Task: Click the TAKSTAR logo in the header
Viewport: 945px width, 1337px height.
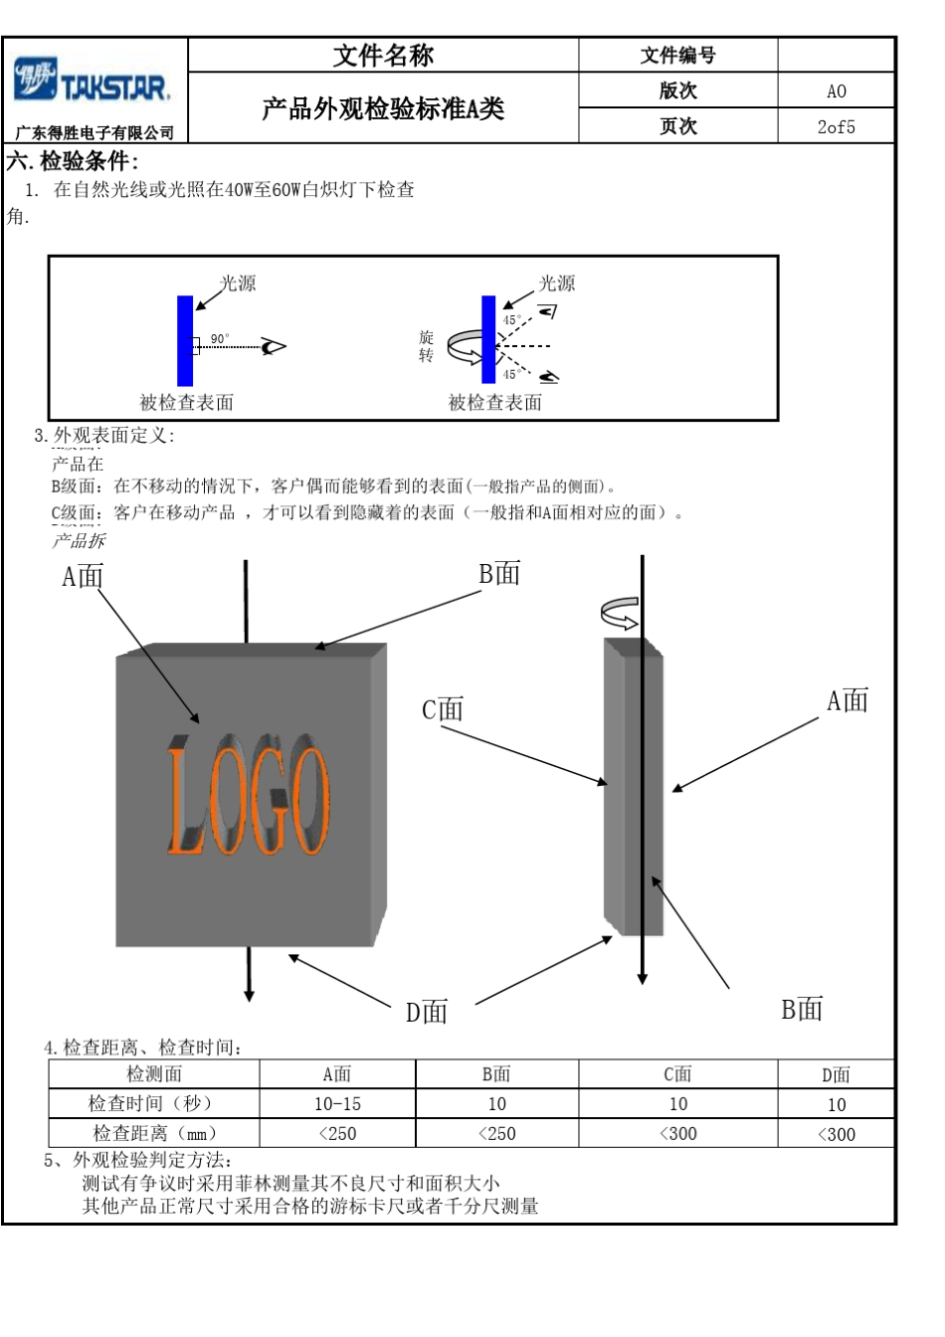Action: [x=94, y=83]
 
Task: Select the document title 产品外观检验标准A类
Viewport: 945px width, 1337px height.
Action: [x=383, y=108]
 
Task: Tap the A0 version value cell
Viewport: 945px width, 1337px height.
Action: [x=836, y=92]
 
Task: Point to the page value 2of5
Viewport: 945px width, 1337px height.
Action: [x=836, y=127]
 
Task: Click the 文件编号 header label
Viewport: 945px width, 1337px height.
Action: [x=677, y=56]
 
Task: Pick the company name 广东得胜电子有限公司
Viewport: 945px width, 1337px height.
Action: [x=94, y=133]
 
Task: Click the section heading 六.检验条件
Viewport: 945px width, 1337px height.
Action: [x=73, y=161]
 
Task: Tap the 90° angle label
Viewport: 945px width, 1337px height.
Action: [x=219, y=339]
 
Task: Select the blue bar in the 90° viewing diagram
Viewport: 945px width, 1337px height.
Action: [x=185, y=340]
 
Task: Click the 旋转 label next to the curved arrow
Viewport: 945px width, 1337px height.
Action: [x=426, y=346]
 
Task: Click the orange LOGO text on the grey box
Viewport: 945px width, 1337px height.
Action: [x=248, y=797]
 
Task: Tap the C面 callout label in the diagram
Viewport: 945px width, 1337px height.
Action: [x=443, y=710]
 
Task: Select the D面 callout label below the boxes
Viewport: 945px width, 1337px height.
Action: [x=427, y=1012]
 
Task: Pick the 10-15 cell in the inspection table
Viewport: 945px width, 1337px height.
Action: [x=337, y=1104]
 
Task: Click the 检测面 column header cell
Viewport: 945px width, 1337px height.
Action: [x=154, y=1074]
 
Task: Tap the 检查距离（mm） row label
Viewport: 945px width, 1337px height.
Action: [x=154, y=1133]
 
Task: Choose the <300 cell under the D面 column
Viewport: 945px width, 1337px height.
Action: [x=836, y=1134]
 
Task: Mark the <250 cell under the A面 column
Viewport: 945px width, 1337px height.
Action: [x=337, y=1134]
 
